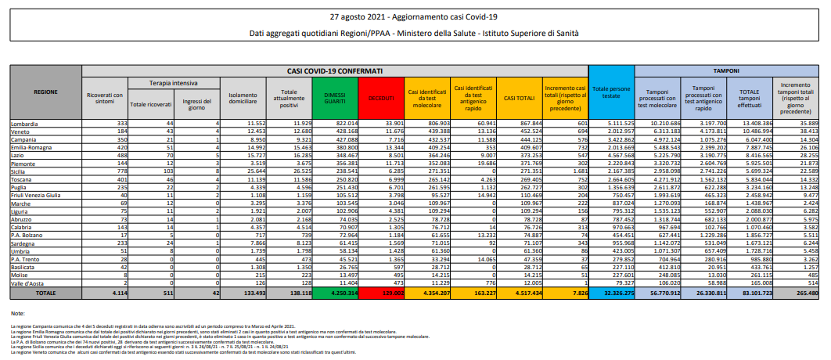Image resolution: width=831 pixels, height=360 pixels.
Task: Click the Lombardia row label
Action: coord(23,124)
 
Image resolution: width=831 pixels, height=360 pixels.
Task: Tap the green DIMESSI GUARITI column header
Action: coord(333,97)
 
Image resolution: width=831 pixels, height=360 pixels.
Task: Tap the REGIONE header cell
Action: coord(45,92)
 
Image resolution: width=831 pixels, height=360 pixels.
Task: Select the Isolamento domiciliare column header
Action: coord(241,98)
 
